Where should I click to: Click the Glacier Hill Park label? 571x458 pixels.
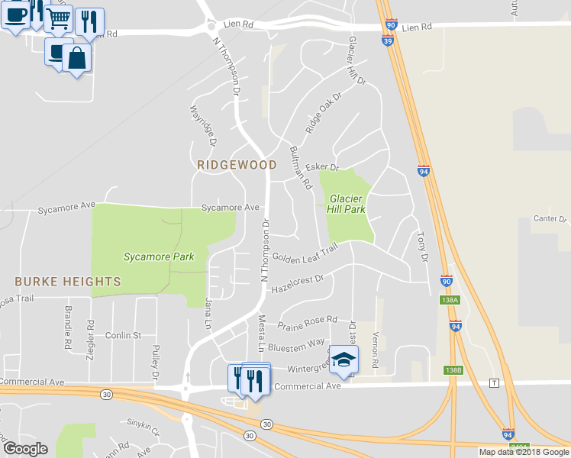pos(347,203)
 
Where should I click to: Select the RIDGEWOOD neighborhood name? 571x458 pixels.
pos(237,164)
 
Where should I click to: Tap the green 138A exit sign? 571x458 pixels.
pos(450,301)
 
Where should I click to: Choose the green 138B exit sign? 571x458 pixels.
pos(453,369)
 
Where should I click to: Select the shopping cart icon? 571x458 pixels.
pos(58,18)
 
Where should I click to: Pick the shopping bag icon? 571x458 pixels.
pos(76,57)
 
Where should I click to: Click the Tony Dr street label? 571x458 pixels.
pos(421,247)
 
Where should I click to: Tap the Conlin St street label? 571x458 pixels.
pos(124,335)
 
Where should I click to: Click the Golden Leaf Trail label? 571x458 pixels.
pos(305,255)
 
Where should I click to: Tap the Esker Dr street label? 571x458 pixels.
pos(321,167)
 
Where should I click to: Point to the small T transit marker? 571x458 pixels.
pos(495,382)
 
